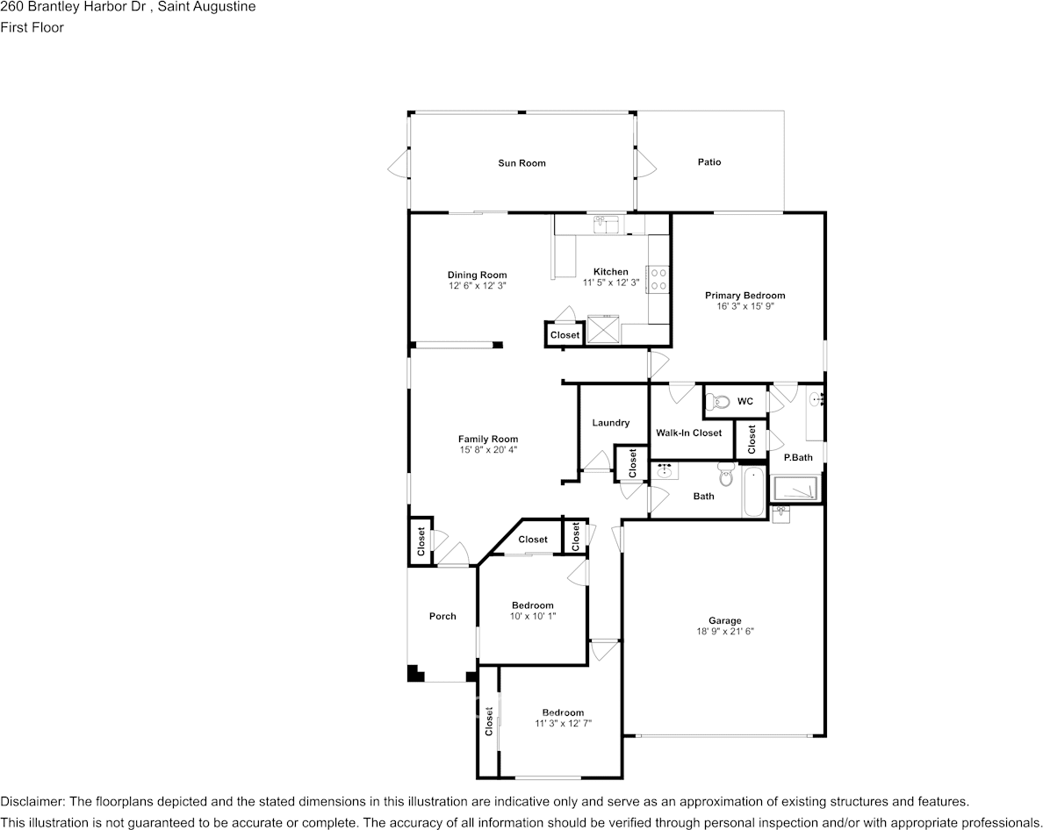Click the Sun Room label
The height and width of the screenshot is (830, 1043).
coord(521,163)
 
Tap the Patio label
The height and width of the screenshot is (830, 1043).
coord(709,162)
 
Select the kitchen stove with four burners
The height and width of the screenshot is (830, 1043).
coord(658,279)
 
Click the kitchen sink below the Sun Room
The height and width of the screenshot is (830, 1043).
coord(605,225)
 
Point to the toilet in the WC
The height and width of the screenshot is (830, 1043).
coord(718,403)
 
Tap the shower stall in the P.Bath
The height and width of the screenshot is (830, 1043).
coord(795,488)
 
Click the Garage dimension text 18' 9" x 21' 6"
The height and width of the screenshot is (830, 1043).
coord(725,632)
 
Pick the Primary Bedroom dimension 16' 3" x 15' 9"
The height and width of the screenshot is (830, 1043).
coord(744,307)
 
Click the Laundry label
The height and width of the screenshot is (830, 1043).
coord(610,423)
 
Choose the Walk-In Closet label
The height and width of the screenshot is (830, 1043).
coord(689,433)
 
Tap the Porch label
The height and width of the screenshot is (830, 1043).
coord(442,617)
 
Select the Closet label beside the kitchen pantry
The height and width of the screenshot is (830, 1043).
coord(565,335)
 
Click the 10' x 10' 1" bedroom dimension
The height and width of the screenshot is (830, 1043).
coord(533,617)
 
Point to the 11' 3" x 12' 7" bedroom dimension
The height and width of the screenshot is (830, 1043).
coord(563,724)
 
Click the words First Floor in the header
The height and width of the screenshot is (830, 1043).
coord(32,27)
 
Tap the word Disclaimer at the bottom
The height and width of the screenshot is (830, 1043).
coord(32,802)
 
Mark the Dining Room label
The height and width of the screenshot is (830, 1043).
coord(477,275)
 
